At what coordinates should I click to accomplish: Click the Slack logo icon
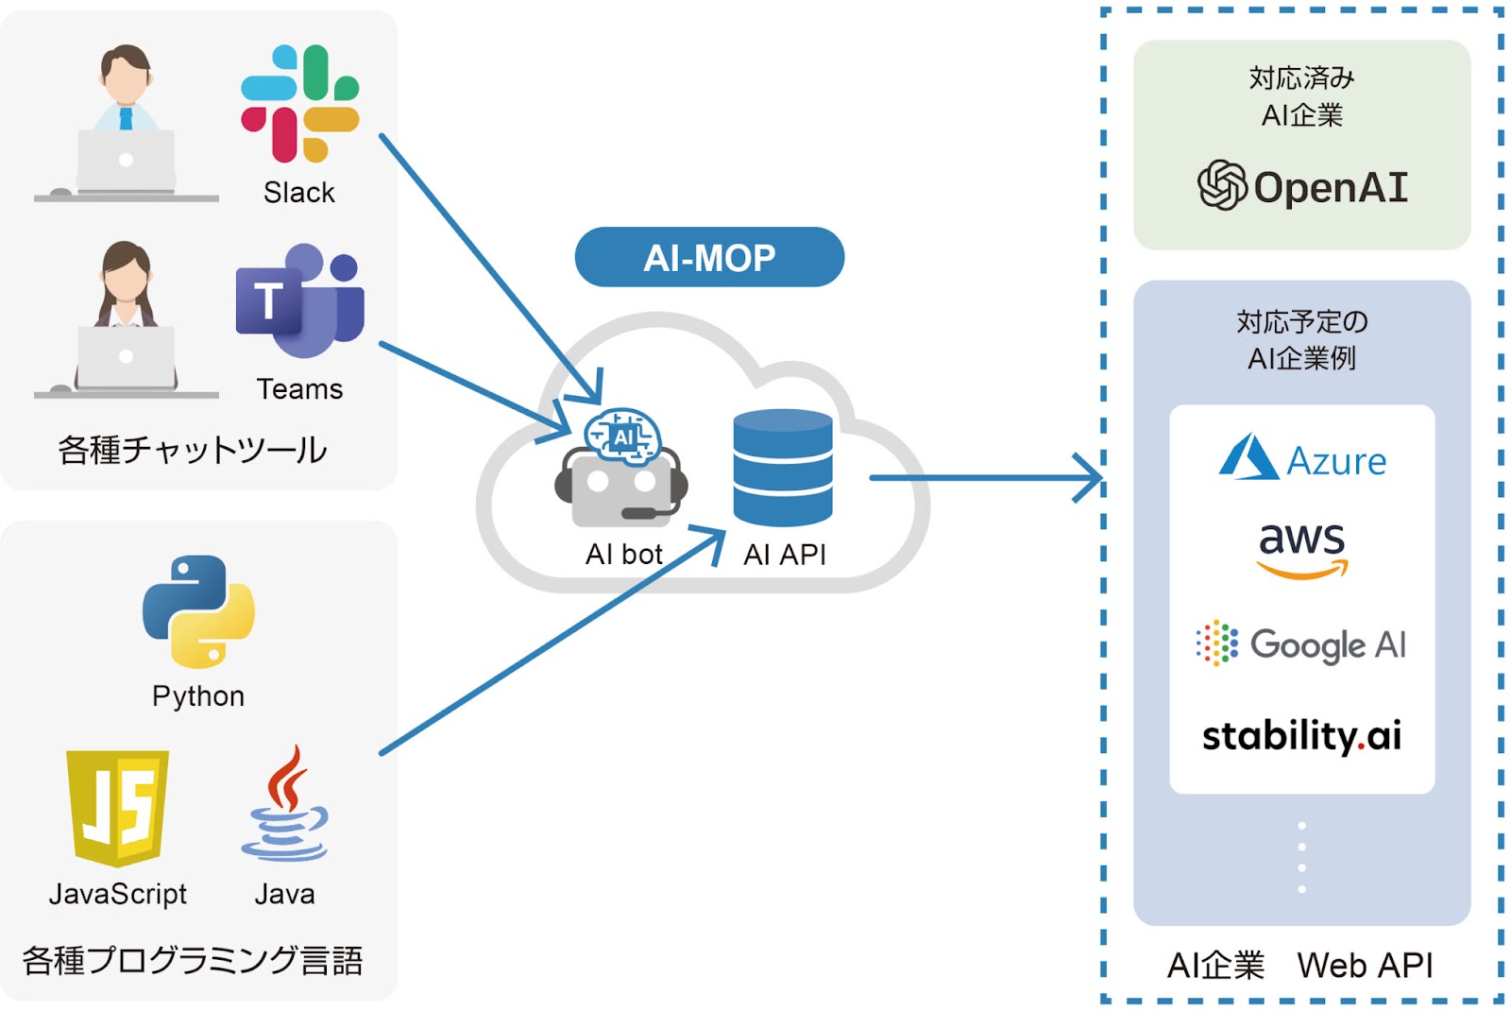pos(299,103)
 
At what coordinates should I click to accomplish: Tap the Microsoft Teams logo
pos(300,300)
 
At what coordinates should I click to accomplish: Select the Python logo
pos(199,611)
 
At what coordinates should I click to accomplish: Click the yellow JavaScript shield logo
pos(117,809)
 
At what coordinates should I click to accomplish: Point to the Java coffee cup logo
pos(285,803)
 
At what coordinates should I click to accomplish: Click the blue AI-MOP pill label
pos(709,257)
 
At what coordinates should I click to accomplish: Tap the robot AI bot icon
pos(621,467)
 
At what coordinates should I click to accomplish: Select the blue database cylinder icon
pos(783,468)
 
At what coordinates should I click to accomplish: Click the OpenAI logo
pos(1302,185)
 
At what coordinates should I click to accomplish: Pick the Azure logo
pos(1302,457)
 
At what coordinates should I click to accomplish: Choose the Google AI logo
pos(1301,643)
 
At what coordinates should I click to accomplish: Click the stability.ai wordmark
pos(1302,736)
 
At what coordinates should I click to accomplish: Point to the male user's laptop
pos(127,161)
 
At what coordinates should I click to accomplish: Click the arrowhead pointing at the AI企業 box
pos(1092,478)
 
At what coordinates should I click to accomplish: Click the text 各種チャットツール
pos(193,450)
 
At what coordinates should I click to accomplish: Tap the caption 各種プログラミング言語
pos(193,960)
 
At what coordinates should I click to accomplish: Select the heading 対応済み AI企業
pos(1302,96)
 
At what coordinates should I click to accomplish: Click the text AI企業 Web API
pos(1299,965)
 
